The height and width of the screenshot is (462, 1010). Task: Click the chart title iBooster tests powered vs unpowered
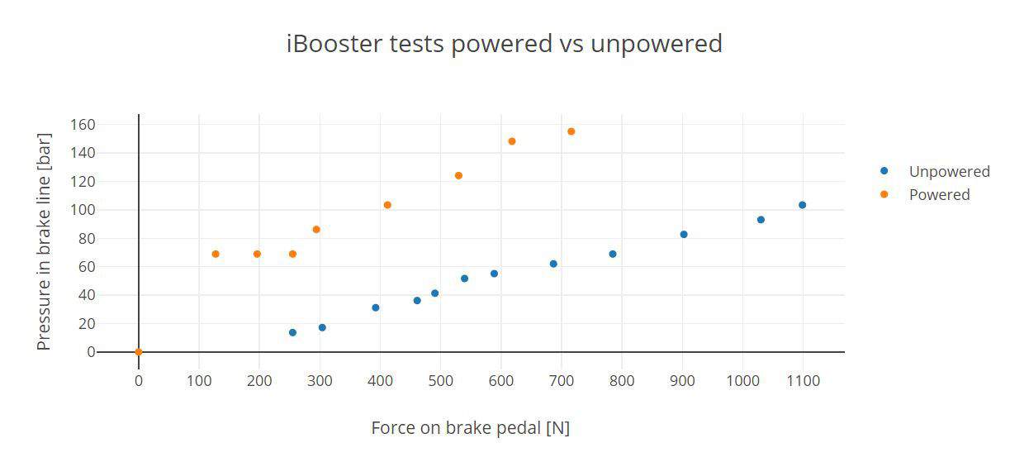[505, 44]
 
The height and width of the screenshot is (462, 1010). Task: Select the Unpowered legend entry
[935, 171]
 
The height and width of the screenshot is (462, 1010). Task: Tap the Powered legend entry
[925, 194]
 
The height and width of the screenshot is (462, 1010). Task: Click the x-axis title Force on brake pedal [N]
[470, 428]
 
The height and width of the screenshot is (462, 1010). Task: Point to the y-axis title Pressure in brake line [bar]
[44, 241]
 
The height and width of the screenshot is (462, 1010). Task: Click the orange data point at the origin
[139, 352]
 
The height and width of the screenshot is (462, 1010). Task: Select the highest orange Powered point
[571, 131]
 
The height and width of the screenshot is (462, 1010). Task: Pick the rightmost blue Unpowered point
[802, 205]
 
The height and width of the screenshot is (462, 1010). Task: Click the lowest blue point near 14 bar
[292, 332]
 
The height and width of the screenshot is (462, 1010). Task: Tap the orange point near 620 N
[512, 141]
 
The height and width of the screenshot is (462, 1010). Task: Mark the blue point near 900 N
[684, 234]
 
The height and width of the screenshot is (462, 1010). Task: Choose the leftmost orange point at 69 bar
[216, 254]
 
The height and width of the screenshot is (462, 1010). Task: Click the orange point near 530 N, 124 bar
[458, 175]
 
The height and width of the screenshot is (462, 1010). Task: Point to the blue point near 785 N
[613, 254]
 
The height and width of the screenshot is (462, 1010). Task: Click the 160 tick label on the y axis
[83, 125]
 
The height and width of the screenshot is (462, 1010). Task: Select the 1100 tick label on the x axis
[803, 381]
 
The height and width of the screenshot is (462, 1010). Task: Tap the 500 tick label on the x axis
[440, 381]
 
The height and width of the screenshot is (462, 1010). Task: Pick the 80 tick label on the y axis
[87, 238]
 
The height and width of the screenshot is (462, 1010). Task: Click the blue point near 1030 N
[761, 220]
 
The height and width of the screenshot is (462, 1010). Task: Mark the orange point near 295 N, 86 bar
[316, 230]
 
